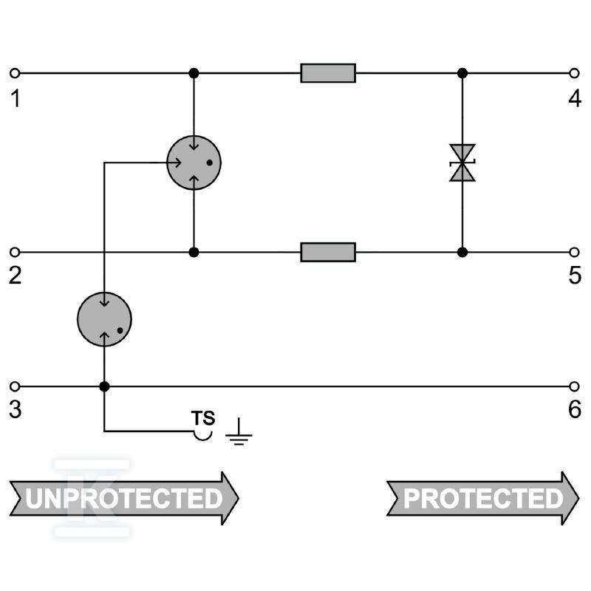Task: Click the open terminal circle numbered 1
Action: coord(15,73)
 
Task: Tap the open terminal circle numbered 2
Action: coord(15,252)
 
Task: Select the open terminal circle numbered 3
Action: coord(15,386)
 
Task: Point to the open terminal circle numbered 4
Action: coord(574,73)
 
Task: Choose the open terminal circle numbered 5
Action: coord(574,252)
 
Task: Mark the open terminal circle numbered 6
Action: coord(574,386)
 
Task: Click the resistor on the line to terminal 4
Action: coord(328,73)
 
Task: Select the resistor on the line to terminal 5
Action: coord(328,252)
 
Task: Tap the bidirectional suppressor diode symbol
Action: coord(462,163)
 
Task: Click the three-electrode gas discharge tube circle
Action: coord(194,163)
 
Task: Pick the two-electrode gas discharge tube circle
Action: coord(104,320)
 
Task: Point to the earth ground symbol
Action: coord(239,432)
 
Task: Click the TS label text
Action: coord(203,418)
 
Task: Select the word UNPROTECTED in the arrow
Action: coord(124,498)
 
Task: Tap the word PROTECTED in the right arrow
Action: coord(483,498)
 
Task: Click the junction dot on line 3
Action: coord(104,386)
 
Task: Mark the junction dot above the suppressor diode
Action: coord(462,73)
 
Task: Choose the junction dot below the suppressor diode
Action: coord(462,252)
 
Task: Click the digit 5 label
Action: coord(575,276)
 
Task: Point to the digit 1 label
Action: coord(16,99)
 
